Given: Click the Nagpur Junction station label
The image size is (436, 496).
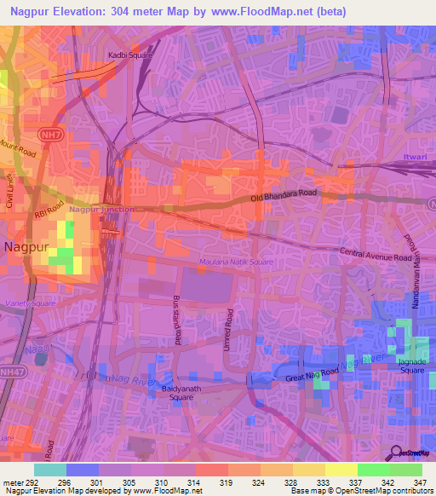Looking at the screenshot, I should click(x=101, y=209).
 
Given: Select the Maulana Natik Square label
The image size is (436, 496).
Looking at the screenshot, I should click(x=236, y=262).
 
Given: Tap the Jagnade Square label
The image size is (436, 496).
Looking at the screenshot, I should click(x=412, y=367).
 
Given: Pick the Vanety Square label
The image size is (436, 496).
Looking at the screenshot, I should click(x=31, y=303).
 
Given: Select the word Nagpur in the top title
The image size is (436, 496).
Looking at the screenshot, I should click(x=27, y=10).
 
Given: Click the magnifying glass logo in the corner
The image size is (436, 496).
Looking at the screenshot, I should click(x=397, y=452).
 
